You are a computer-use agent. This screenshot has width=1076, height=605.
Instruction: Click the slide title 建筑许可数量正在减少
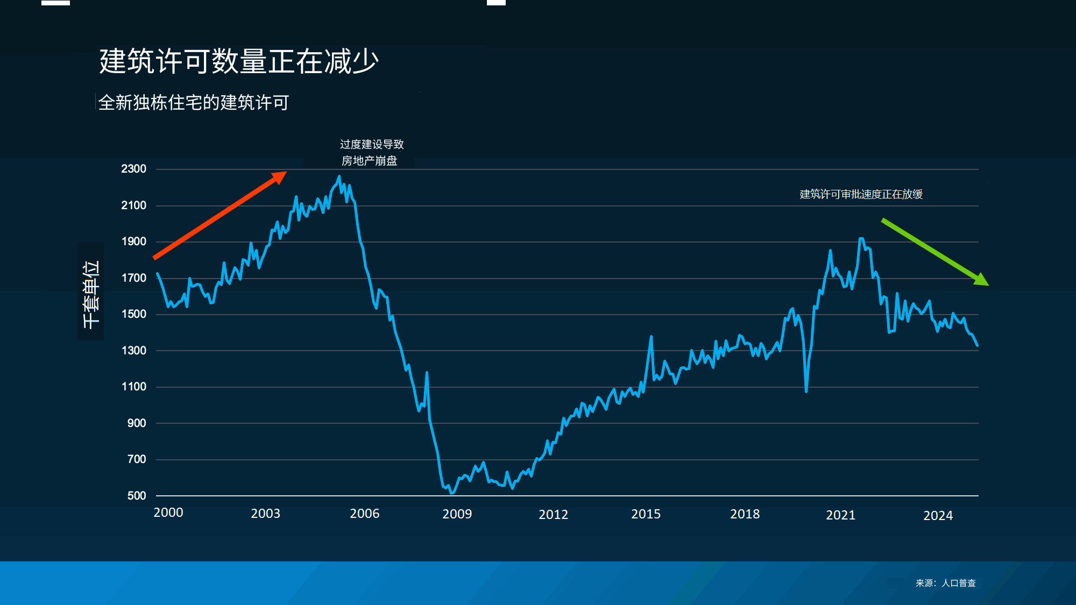point(239,61)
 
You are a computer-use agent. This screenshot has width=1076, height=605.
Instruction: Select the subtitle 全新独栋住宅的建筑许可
point(194,102)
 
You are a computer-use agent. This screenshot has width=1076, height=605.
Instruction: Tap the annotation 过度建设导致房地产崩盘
point(371,153)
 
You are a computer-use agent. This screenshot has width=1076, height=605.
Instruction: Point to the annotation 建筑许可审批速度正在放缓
point(861,194)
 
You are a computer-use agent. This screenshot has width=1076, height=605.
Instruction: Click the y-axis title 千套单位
point(91,294)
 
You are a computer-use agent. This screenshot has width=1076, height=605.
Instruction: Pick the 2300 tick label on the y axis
point(133,169)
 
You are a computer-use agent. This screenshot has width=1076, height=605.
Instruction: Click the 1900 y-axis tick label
point(133,241)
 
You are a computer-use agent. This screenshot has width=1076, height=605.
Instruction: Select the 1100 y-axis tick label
point(133,387)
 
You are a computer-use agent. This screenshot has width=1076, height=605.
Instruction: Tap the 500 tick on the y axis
point(137,496)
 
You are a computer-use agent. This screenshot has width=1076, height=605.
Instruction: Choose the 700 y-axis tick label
point(137,459)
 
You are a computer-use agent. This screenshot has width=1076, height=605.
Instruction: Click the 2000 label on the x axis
point(168,513)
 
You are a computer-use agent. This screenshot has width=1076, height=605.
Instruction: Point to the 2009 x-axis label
point(457,514)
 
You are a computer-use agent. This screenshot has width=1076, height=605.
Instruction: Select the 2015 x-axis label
point(646,514)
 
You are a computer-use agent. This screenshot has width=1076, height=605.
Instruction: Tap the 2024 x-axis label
point(938,516)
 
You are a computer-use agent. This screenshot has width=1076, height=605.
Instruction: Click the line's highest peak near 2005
point(339,176)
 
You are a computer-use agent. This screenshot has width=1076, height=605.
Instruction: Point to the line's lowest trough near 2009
point(452,493)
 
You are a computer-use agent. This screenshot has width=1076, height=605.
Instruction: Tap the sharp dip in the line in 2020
point(806,391)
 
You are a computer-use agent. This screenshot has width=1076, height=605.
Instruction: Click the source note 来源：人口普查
point(945,583)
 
